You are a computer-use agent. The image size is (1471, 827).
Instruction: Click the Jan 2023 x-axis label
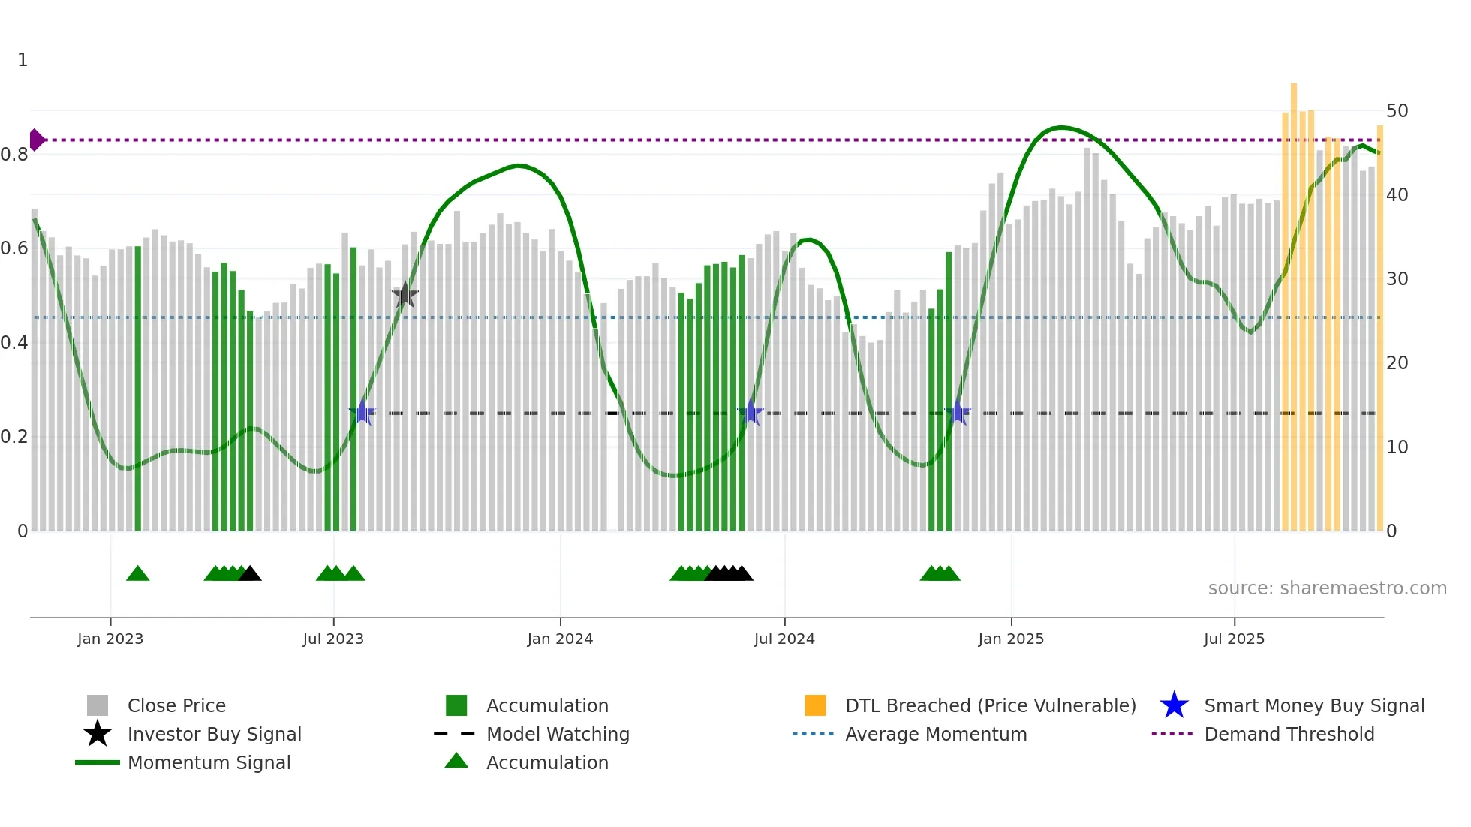tap(110, 639)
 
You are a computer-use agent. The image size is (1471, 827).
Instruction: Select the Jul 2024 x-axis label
tap(784, 639)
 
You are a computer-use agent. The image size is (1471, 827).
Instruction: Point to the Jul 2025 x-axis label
tap(1234, 639)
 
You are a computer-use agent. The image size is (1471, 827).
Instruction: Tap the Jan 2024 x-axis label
tap(560, 639)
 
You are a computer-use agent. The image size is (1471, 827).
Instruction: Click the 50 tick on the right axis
tap(1397, 111)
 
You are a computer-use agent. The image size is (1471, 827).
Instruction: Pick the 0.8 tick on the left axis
tap(14, 155)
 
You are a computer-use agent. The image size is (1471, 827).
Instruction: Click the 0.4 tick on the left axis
tap(14, 343)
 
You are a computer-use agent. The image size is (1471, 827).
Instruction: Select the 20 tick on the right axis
tap(1397, 363)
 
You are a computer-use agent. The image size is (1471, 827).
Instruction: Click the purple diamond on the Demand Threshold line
tap(36, 140)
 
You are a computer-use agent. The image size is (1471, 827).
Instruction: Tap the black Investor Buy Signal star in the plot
tap(405, 295)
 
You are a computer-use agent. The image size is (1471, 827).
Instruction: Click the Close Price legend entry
tap(176, 705)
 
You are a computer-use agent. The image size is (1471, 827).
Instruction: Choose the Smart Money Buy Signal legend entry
tap(1313, 705)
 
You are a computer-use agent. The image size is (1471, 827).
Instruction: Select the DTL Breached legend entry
tap(990, 705)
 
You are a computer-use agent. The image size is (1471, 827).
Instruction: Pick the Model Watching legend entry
tap(558, 734)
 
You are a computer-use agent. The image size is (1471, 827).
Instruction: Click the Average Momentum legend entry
tap(935, 734)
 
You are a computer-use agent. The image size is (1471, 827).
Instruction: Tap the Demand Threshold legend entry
tap(1289, 734)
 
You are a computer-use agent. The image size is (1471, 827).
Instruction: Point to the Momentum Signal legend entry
tap(209, 762)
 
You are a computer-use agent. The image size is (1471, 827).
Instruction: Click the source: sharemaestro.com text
tap(1327, 588)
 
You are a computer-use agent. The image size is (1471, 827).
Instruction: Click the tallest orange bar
tap(1294, 300)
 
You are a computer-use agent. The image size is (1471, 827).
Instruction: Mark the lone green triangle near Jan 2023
tap(138, 573)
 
